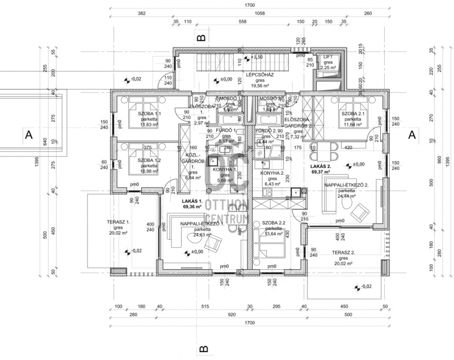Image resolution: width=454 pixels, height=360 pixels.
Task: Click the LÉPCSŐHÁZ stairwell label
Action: point(260,74)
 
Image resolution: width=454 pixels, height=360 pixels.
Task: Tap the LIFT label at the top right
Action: point(328,57)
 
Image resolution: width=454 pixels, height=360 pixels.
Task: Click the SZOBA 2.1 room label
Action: point(353,113)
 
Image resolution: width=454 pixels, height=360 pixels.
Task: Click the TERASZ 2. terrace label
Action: point(343,253)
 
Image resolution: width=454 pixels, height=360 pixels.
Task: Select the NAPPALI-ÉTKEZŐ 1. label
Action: point(203,224)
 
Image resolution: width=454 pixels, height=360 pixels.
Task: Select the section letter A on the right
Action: point(412,134)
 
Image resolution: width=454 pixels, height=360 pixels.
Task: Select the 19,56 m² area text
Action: point(260,87)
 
